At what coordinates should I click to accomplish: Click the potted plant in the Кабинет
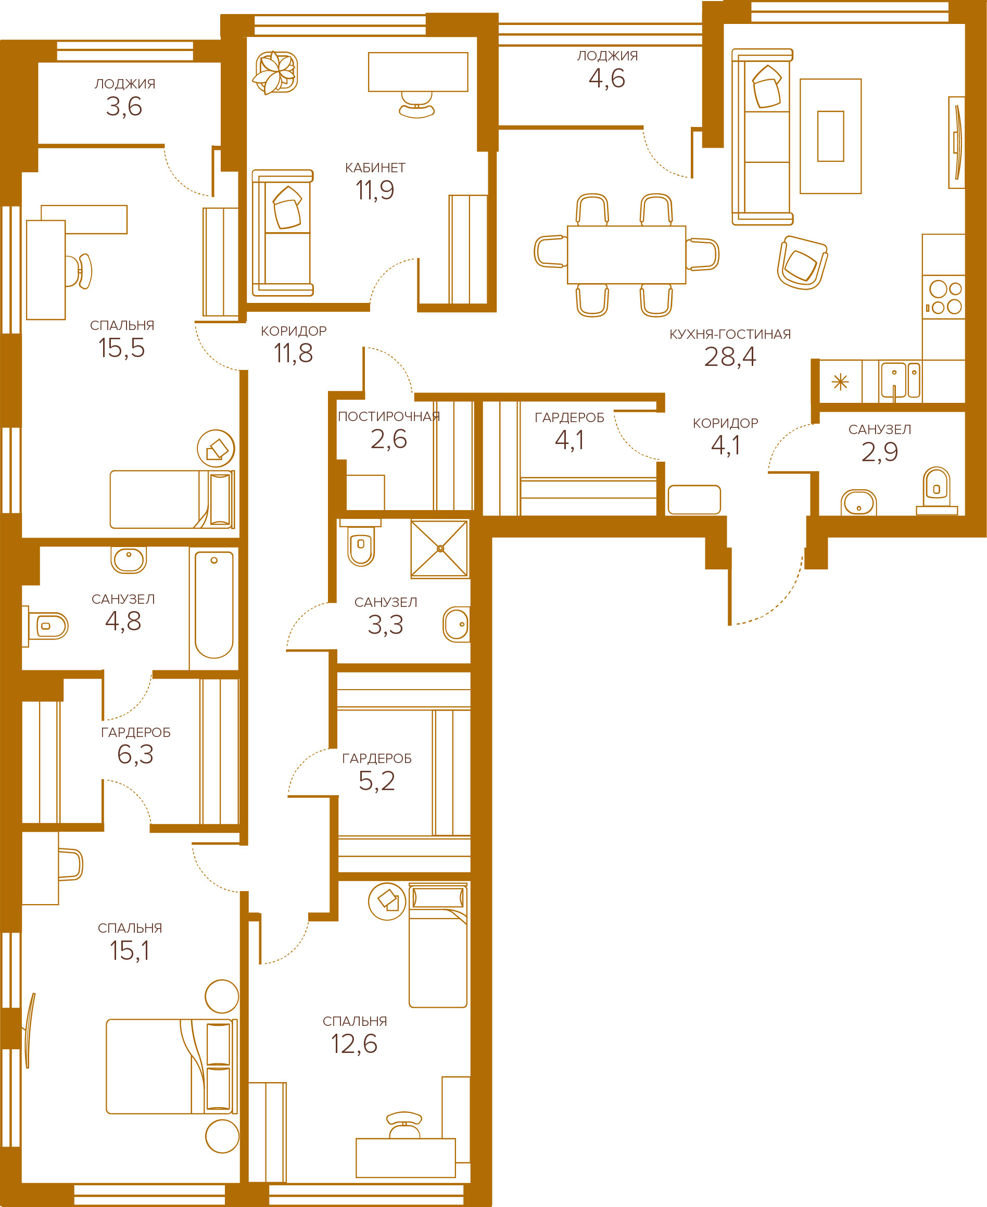point(275,72)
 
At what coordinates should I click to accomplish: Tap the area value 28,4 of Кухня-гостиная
point(730,357)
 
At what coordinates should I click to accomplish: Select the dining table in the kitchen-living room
point(627,255)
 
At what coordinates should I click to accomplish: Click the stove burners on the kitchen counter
point(943,297)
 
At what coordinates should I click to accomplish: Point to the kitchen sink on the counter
point(900,380)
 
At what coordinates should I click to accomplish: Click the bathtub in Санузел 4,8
point(214,604)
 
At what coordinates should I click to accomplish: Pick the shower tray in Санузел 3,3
point(439,549)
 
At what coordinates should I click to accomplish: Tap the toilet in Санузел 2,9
point(937,490)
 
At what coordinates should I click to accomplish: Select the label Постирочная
point(389,417)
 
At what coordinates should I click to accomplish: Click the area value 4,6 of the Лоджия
point(607,79)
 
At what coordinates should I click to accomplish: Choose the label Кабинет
point(375,168)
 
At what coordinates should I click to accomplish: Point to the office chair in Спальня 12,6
point(404,1125)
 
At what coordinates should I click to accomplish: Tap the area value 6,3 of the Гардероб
point(135,755)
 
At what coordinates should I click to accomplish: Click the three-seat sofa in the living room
point(762,136)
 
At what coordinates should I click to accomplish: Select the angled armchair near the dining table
point(802,262)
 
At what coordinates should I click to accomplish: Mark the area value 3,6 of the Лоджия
point(124,107)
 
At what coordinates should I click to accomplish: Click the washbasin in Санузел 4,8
point(129,560)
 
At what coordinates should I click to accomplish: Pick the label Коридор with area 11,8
point(294,332)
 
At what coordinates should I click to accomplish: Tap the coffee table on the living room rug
point(830,136)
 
